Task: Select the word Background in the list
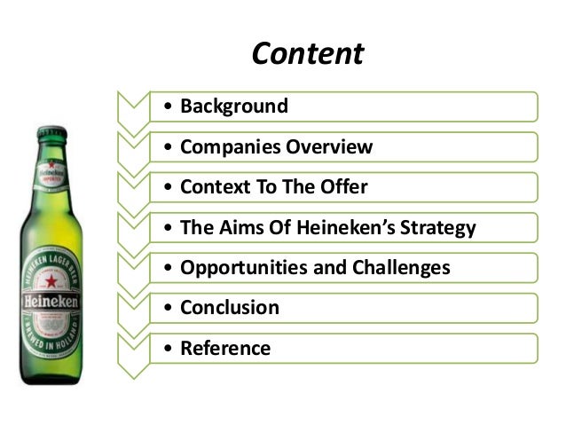point(234,106)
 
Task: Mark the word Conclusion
point(230,308)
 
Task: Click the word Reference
point(225,349)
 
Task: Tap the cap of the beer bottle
point(51,132)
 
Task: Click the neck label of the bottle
point(51,170)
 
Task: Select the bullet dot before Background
point(169,107)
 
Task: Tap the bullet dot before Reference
point(169,349)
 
